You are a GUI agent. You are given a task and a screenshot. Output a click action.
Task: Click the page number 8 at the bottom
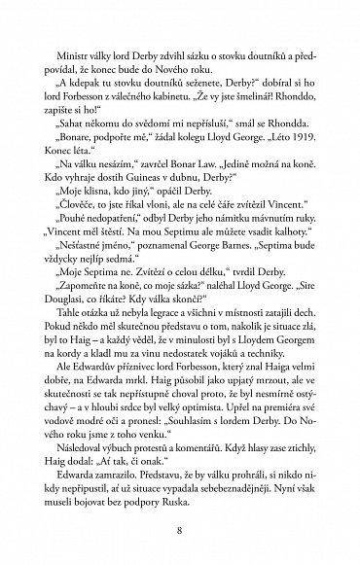[x=180, y=530]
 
